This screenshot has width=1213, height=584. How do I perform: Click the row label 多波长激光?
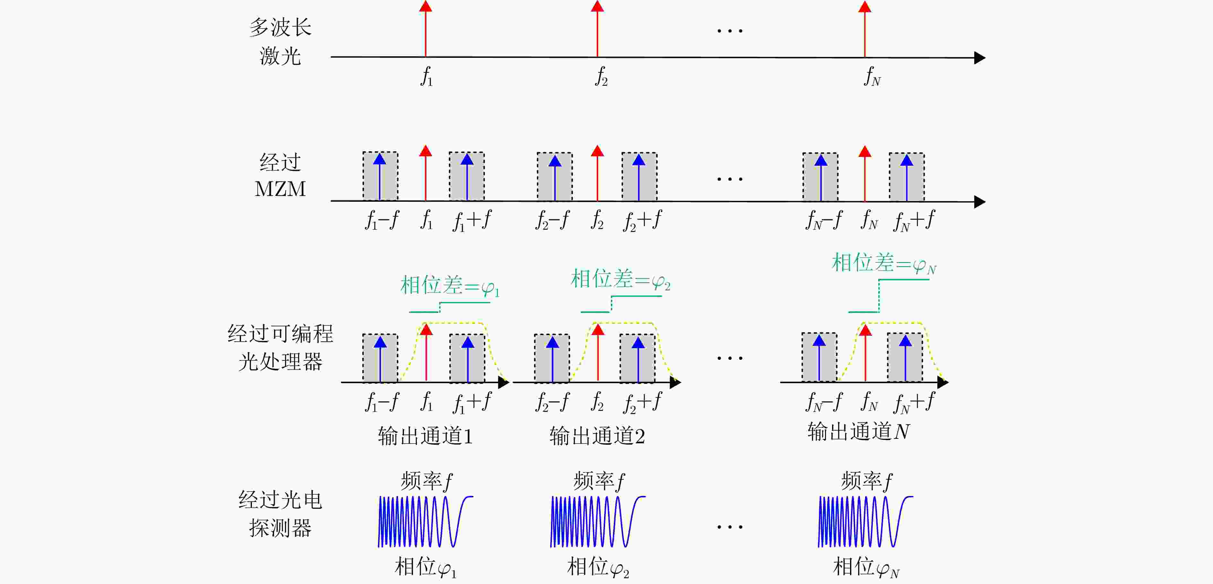click(x=280, y=41)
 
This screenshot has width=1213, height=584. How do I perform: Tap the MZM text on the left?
click(x=280, y=189)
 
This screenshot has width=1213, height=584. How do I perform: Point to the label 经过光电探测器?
click(x=280, y=514)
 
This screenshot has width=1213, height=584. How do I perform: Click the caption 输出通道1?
click(x=425, y=436)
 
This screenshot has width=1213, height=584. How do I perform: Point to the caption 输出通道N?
click(x=858, y=431)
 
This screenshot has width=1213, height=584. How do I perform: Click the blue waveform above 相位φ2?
click(x=598, y=521)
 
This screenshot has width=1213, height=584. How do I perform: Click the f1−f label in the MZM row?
click(x=382, y=220)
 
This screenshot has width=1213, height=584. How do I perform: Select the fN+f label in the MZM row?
click(x=914, y=221)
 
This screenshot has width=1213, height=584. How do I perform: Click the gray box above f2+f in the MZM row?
click(x=639, y=176)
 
